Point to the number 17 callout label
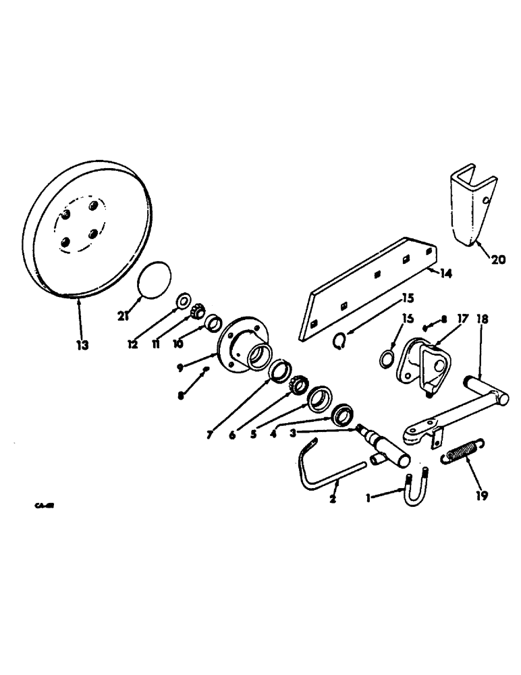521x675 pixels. [x=462, y=317]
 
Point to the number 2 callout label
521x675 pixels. [x=332, y=499]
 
